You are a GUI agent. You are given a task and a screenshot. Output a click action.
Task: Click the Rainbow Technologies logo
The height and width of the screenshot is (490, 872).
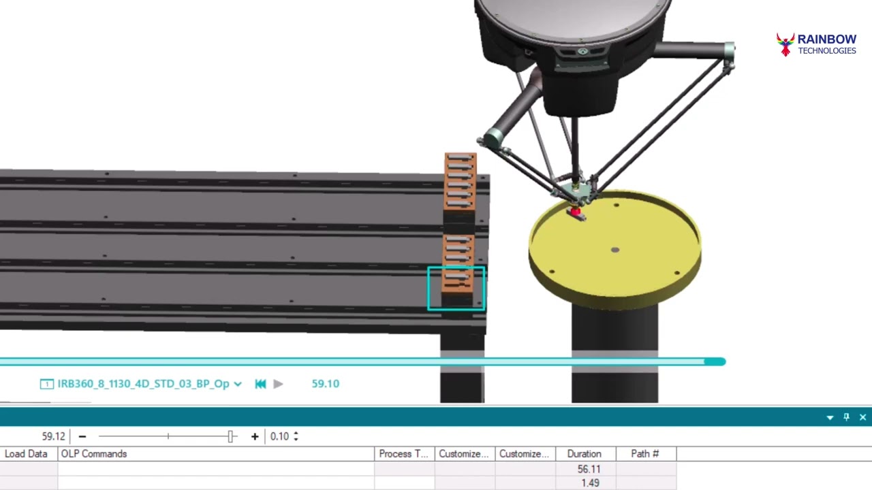tap(816, 45)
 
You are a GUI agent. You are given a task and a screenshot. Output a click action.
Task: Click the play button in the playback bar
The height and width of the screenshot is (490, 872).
tap(278, 384)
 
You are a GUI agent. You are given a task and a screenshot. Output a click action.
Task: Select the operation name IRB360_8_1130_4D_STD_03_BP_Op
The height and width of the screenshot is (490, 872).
tap(143, 384)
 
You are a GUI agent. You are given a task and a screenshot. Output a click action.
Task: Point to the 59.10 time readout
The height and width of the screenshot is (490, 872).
tap(325, 384)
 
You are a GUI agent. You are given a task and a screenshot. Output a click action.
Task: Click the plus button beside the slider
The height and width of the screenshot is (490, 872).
tap(255, 436)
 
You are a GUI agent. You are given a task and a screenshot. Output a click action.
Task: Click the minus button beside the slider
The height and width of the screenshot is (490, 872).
tap(82, 436)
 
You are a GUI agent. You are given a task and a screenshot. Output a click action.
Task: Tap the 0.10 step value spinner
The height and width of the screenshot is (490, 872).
tap(284, 436)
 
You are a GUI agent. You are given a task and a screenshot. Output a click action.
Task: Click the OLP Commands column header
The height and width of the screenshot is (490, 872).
tap(94, 454)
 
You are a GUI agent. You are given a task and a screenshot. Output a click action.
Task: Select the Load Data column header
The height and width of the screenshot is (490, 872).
tap(27, 454)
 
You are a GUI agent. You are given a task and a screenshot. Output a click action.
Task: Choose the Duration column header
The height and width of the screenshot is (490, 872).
tap(584, 454)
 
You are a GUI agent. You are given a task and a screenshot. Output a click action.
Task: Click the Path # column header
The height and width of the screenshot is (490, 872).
tap(644, 454)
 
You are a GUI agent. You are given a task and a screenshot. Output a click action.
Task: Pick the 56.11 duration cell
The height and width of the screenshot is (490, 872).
tap(588, 469)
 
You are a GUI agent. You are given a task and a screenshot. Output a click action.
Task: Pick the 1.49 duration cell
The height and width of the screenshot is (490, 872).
tap(590, 483)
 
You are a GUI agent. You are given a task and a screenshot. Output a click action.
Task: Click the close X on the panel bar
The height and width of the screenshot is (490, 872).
tap(862, 417)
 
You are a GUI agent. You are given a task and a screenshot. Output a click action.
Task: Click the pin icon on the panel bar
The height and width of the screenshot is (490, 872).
tap(846, 417)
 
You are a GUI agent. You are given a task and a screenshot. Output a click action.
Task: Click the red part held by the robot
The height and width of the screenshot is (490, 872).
tap(576, 212)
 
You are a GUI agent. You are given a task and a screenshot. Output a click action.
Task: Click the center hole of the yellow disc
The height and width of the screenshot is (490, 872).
tap(615, 250)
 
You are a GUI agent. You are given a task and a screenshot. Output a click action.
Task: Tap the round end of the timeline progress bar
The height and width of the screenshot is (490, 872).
tap(715, 362)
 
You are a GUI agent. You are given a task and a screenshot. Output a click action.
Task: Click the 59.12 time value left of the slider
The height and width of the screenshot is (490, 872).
tap(53, 436)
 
